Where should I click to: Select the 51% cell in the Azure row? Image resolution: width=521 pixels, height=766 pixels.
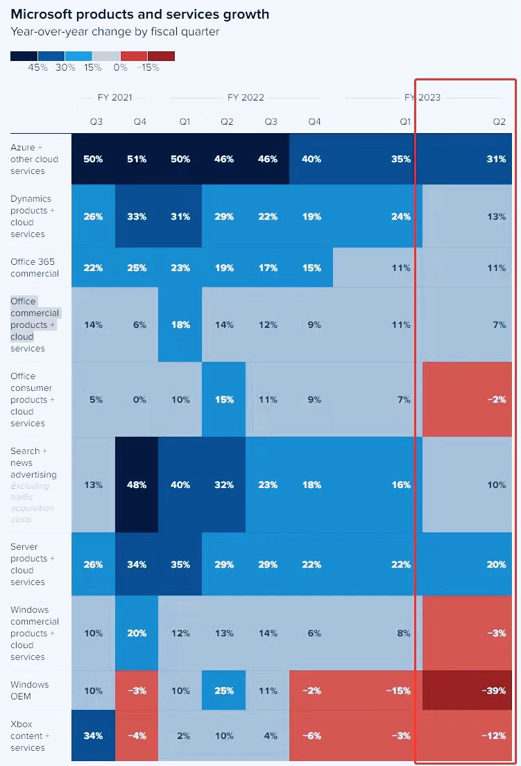pyautogui.click(x=137, y=159)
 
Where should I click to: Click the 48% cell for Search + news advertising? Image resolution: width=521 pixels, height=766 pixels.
pyautogui.click(x=137, y=485)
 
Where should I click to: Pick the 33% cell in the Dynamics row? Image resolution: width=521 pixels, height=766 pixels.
pyautogui.click(x=137, y=216)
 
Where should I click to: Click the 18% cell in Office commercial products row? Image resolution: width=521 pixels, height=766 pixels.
pyautogui.click(x=180, y=324)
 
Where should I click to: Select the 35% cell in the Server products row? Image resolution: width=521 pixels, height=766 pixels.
pyautogui.click(x=180, y=564)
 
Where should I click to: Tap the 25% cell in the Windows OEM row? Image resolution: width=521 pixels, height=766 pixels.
pyautogui.click(x=223, y=690)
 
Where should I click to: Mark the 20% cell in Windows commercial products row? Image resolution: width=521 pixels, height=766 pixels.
pyautogui.click(x=137, y=633)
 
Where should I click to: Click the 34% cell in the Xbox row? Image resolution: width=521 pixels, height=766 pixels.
pyautogui.click(x=93, y=735)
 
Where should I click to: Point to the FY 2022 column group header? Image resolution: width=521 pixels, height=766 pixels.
pyautogui.click(x=246, y=98)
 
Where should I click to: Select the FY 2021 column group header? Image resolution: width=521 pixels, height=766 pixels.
pyautogui.click(x=114, y=98)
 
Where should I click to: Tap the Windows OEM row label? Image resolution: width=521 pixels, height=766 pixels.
pyautogui.click(x=30, y=690)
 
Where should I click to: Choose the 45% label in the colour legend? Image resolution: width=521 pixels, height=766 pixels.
pyautogui.click(x=38, y=68)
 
